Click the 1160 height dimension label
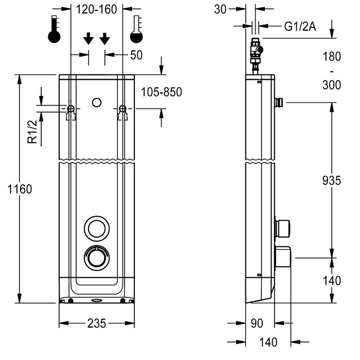20,189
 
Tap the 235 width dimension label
97,323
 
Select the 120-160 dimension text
97,9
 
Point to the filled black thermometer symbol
54,30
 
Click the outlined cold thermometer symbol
136,30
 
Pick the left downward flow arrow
88,38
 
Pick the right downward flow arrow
104,38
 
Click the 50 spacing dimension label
136,56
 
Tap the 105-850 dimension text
161,93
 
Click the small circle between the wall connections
96,102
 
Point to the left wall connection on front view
71,109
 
